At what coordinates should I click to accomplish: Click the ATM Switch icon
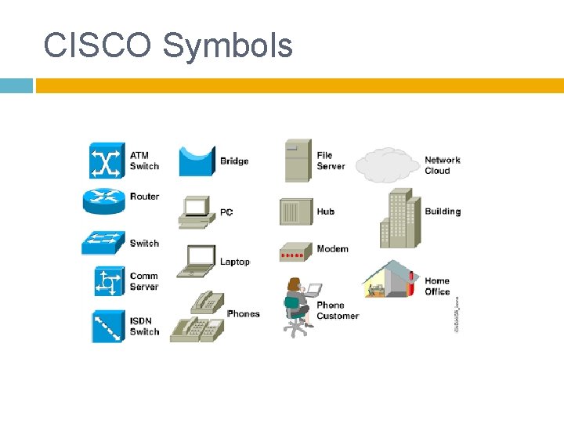click(x=107, y=161)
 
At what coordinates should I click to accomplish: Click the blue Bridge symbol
click(x=197, y=161)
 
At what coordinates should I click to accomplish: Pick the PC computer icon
click(x=196, y=211)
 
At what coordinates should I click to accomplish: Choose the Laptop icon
click(x=196, y=261)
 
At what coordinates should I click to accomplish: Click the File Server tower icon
click(x=298, y=161)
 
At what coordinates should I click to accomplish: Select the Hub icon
click(x=295, y=212)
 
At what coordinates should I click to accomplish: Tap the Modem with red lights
click(x=296, y=252)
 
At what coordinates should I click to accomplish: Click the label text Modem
click(x=332, y=249)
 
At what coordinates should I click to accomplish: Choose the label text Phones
click(x=243, y=314)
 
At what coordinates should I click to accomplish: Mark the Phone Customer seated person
click(x=298, y=306)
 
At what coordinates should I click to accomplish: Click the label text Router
click(x=144, y=197)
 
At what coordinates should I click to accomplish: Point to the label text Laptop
click(x=234, y=262)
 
